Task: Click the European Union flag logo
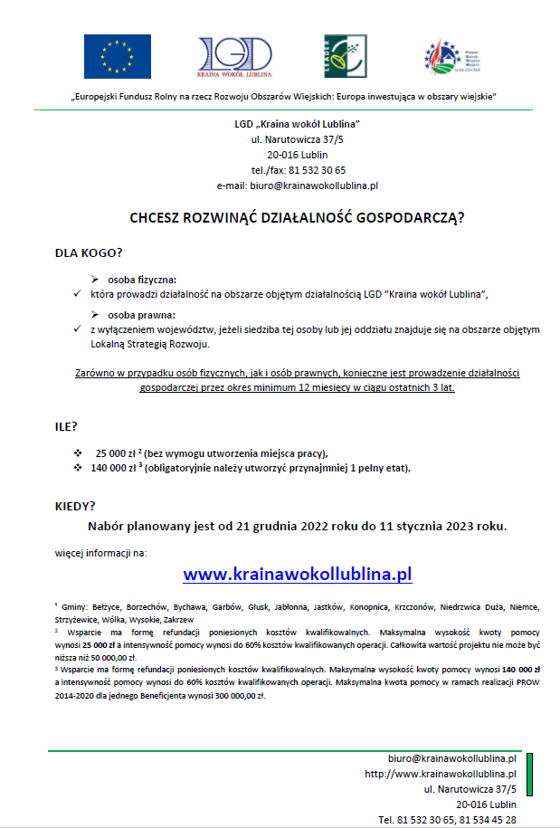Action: [118, 56]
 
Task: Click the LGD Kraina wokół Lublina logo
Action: [234, 57]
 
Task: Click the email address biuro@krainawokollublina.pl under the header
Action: [297, 185]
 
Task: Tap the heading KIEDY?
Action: [75, 506]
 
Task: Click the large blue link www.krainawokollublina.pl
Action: [298, 574]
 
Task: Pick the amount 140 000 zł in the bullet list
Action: [112, 468]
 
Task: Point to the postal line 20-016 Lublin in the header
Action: [297, 154]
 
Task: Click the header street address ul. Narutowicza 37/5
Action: [297, 138]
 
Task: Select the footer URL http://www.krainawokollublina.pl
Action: [440, 774]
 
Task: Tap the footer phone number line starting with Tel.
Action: [447, 819]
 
